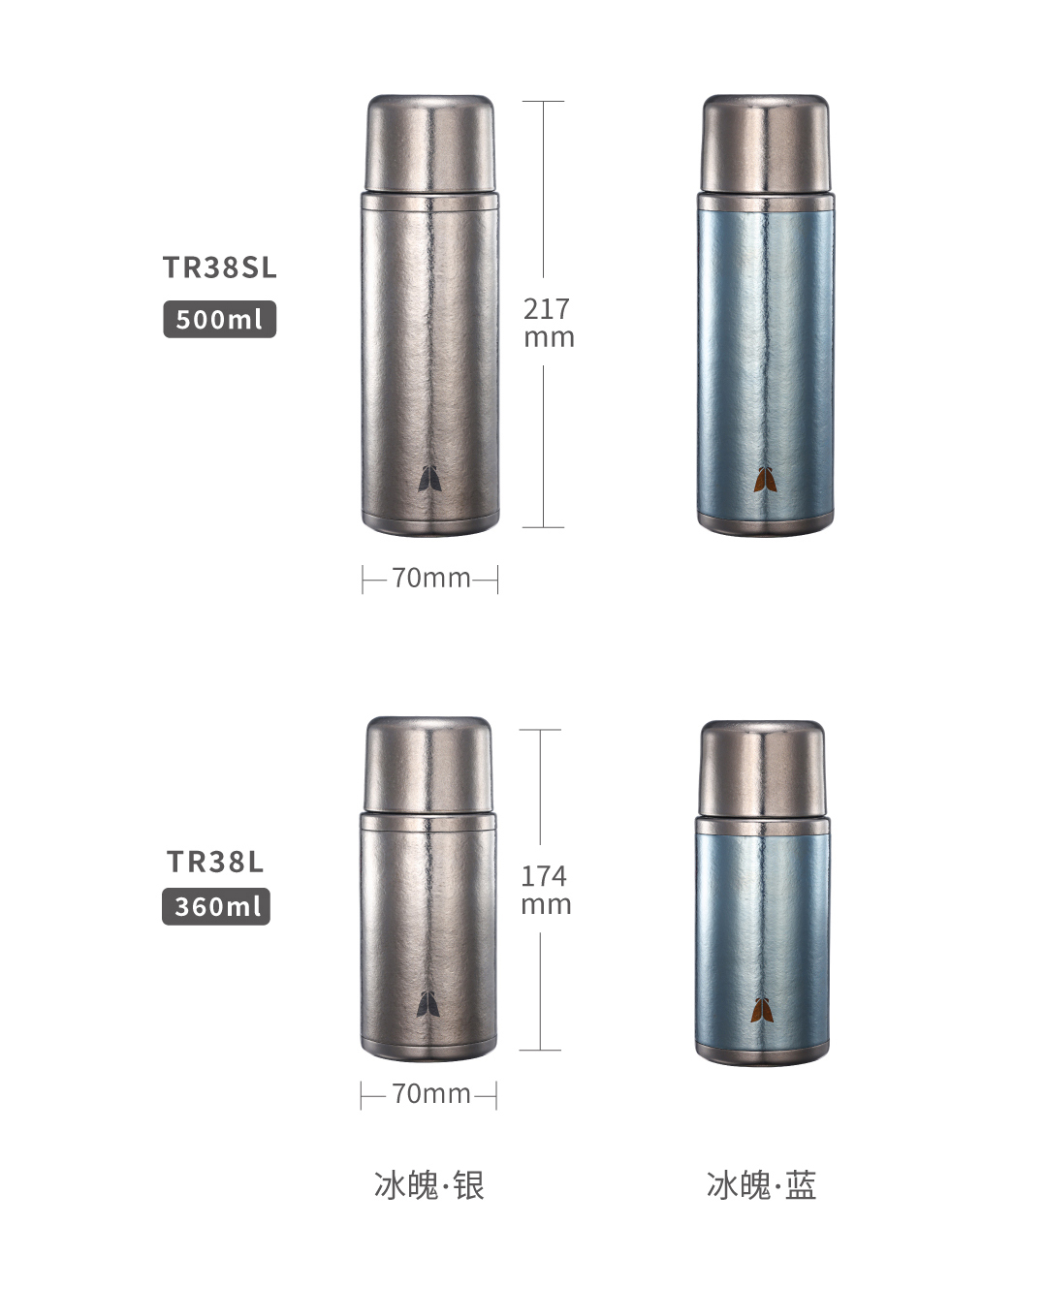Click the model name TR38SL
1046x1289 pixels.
pos(220,267)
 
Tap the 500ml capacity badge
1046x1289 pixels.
pos(219,319)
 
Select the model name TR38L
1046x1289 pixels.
pos(215,862)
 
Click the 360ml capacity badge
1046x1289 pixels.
pos(216,907)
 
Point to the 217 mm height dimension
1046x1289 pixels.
pos(548,323)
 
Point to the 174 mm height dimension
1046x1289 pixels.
pos(545,891)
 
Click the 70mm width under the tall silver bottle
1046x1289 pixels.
pos(430,579)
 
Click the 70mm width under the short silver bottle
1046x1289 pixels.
pos(430,1094)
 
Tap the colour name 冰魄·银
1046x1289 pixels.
pos(429,1185)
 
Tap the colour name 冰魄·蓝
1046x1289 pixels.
pos(762,1185)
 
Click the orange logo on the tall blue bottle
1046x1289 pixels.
pos(765,480)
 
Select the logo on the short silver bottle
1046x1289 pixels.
pos(428,1005)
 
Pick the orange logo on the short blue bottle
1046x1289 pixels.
pos(763,1010)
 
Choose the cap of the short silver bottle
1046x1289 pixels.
pos(428,764)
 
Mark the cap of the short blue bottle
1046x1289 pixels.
pos(763,769)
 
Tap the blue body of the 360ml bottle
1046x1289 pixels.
pos(763,930)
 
